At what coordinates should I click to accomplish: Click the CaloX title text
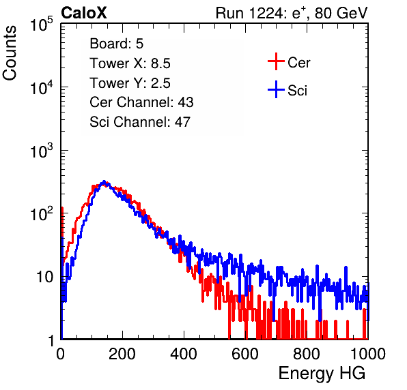click(84, 13)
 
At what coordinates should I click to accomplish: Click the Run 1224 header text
click(292, 13)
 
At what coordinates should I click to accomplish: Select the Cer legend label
click(298, 63)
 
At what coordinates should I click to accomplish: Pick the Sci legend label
click(297, 91)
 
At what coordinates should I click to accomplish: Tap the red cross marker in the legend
click(276, 61)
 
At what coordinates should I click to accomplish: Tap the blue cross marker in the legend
click(276, 89)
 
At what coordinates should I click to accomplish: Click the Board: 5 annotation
click(117, 44)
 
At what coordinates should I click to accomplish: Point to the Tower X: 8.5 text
click(130, 63)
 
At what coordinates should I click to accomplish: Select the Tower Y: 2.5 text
click(130, 83)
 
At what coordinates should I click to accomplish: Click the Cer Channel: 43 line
click(141, 102)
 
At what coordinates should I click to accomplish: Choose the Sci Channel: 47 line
click(140, 122)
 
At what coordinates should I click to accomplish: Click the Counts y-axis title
click(10, 53)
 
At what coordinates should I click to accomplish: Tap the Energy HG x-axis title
click(322, 374)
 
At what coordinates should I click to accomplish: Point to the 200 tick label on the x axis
click(122, 354)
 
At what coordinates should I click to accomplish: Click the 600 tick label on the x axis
click(245, 354)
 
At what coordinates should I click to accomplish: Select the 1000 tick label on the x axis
click(368, 354)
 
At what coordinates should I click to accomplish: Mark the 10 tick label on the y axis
click(45, 277)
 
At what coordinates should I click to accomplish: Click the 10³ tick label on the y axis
click(42, 151)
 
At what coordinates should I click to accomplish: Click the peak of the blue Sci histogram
click(104, 181)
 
